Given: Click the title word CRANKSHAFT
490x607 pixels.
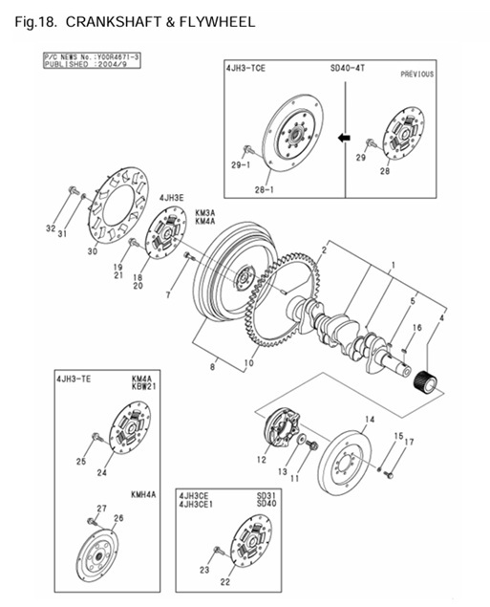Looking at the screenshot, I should tap(106, 21).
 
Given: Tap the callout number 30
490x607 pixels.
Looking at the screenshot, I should tap(93, 252).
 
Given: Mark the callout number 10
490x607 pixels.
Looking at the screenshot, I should tap(249, 362).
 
